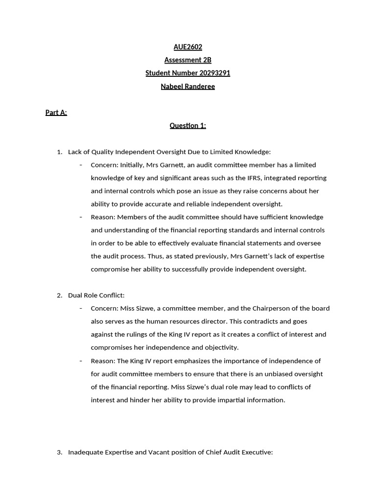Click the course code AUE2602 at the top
pyautogui.click(x=188, y=47)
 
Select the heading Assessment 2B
pyautogui.click(x=188, y=60)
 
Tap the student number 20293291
pyautogui.click(x=214, y=73)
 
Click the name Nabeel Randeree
pyautogui.click(x=188, y=87)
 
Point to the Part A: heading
pyautogui.click(x=56, y=113)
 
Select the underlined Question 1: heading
pyautogui.click(x=188, y=126)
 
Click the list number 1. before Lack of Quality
pyautogui.click(x=59, y=152)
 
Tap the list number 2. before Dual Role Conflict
pyautogui.click(x=59, y=296)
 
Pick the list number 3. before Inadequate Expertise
pyautogui.click(x=59, y=453)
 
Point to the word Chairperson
pyautogui.click(x=271, y=309)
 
